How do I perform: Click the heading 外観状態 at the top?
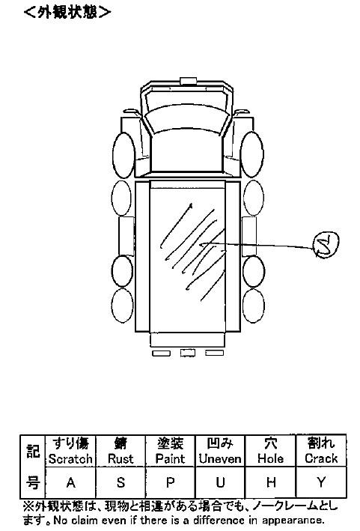click(x=67, y=12)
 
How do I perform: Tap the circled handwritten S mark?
click(x=326, y=244)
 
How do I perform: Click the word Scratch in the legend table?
click(x=70, y=458)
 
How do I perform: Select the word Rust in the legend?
click(x=120, y=458)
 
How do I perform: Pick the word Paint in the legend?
click(x=170, y=458)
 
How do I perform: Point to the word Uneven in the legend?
click(x=220, y=458)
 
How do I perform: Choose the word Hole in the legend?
click(x=270, y=458)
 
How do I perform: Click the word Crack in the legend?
click(x=321, y=458)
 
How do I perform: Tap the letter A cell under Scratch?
click(x=70, y=482)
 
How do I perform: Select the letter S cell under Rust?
click(x=120, y=482)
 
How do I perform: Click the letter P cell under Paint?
click(x=170, y=482)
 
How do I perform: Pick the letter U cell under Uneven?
click(x=220, y=482)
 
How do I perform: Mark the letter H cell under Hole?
click(x=271, y=482)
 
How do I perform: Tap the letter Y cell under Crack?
click(x=321, y=482)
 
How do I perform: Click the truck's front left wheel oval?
click(x=123, y=155)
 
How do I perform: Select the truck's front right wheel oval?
click(x=252, y=154)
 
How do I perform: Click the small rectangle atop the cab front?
click(x=188, y=81)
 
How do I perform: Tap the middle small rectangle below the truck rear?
click(x=187, y=353)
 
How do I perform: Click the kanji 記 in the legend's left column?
click(x=33, y=451)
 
